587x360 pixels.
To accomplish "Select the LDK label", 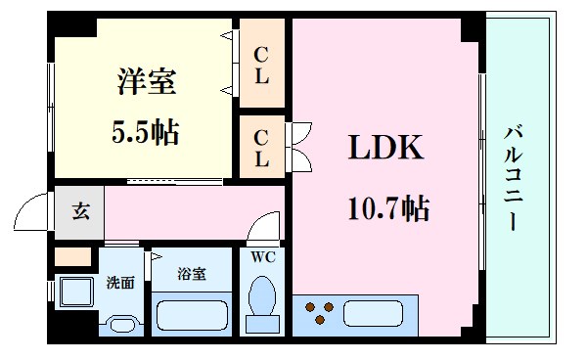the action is pyautogui.click(x=386, y=149).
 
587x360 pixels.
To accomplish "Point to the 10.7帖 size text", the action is pyautogui.click(x=387, y=207).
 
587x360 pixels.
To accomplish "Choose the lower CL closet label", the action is pyautogui.click(x=262, y=146).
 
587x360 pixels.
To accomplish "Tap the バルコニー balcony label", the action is pyautogui.click(x=513, y=176).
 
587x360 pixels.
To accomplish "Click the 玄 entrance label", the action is pyautogui.click(x=79, y=211).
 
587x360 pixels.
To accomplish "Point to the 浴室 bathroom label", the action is pyautogui.click(x=192, y=274).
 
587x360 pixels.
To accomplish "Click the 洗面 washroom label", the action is pyautogui.click(x=120, y=283).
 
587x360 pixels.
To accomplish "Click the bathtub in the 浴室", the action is pyautogui.click(x=193, y=316).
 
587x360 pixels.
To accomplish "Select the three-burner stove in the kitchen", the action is pyautogui.click(x=319, y=313).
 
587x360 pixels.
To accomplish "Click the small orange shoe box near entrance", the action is pyautogui.click(x=72, y=257).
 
